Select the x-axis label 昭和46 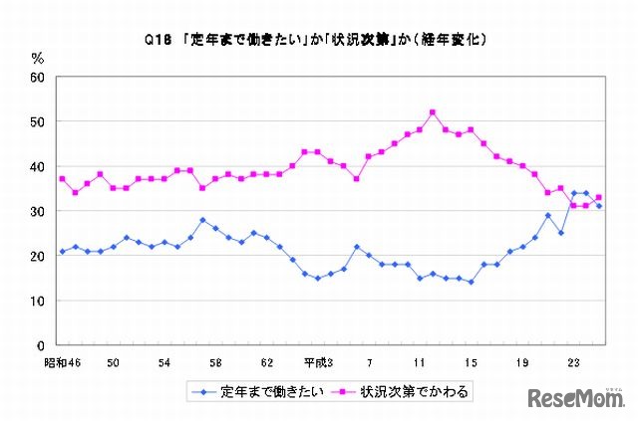(63, 362)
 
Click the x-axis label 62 (266, 362)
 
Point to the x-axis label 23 (573, 362)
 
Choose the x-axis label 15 (471, 362)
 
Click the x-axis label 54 (165, 362)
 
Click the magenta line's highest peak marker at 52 (433, 112)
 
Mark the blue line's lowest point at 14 (471, 283)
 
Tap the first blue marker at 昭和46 (62, 251)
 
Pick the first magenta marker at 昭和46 (62, 179)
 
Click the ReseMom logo (574, 398)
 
